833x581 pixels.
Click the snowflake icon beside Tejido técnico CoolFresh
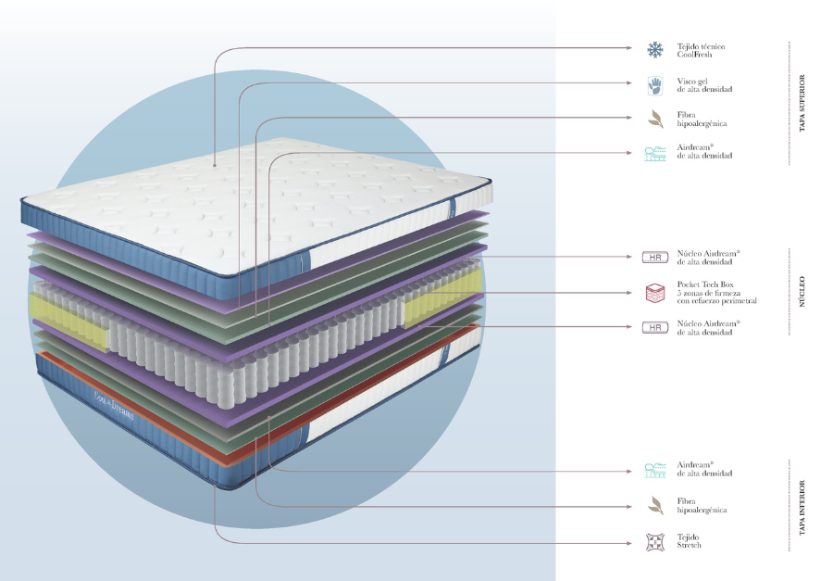(x=655, y=49)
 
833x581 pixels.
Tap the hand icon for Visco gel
(x=655, y=85)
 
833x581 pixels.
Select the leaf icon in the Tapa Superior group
(x=655, y=119)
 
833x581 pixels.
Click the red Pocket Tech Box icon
(x=655, y=293)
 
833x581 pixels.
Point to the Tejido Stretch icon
(x=655, y=541)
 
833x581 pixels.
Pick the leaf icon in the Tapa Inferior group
(x=655, y=506)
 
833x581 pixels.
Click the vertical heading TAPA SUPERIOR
(x=802, y=103)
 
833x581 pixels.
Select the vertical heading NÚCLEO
(x=802, y=292)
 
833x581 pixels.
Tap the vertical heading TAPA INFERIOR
(x=802, y=508)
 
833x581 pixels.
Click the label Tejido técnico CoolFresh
(x=701, y=50)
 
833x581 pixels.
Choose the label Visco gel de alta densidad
(x=704, y=85)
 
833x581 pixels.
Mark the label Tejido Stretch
(x=690, y=541)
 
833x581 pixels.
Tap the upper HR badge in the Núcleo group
(x=655, y=257)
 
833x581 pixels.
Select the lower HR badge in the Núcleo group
(x=655, y=328)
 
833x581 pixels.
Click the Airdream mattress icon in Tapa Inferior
(x=655, y=470)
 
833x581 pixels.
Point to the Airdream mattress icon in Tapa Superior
(x=655, y=153)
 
